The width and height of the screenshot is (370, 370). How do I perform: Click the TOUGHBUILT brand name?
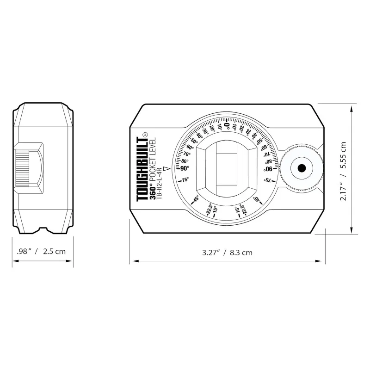(x=142, y=169)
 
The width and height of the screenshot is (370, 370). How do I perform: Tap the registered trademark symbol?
(x=145, y=134)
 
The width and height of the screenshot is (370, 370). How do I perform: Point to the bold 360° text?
(x=153, y=193)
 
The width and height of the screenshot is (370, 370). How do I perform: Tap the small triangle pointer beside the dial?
(x=167, y=169)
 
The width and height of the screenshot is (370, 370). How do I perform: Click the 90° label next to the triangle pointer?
(x=184, y=168)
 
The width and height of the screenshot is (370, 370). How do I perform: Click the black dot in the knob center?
(x=302, y=168)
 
